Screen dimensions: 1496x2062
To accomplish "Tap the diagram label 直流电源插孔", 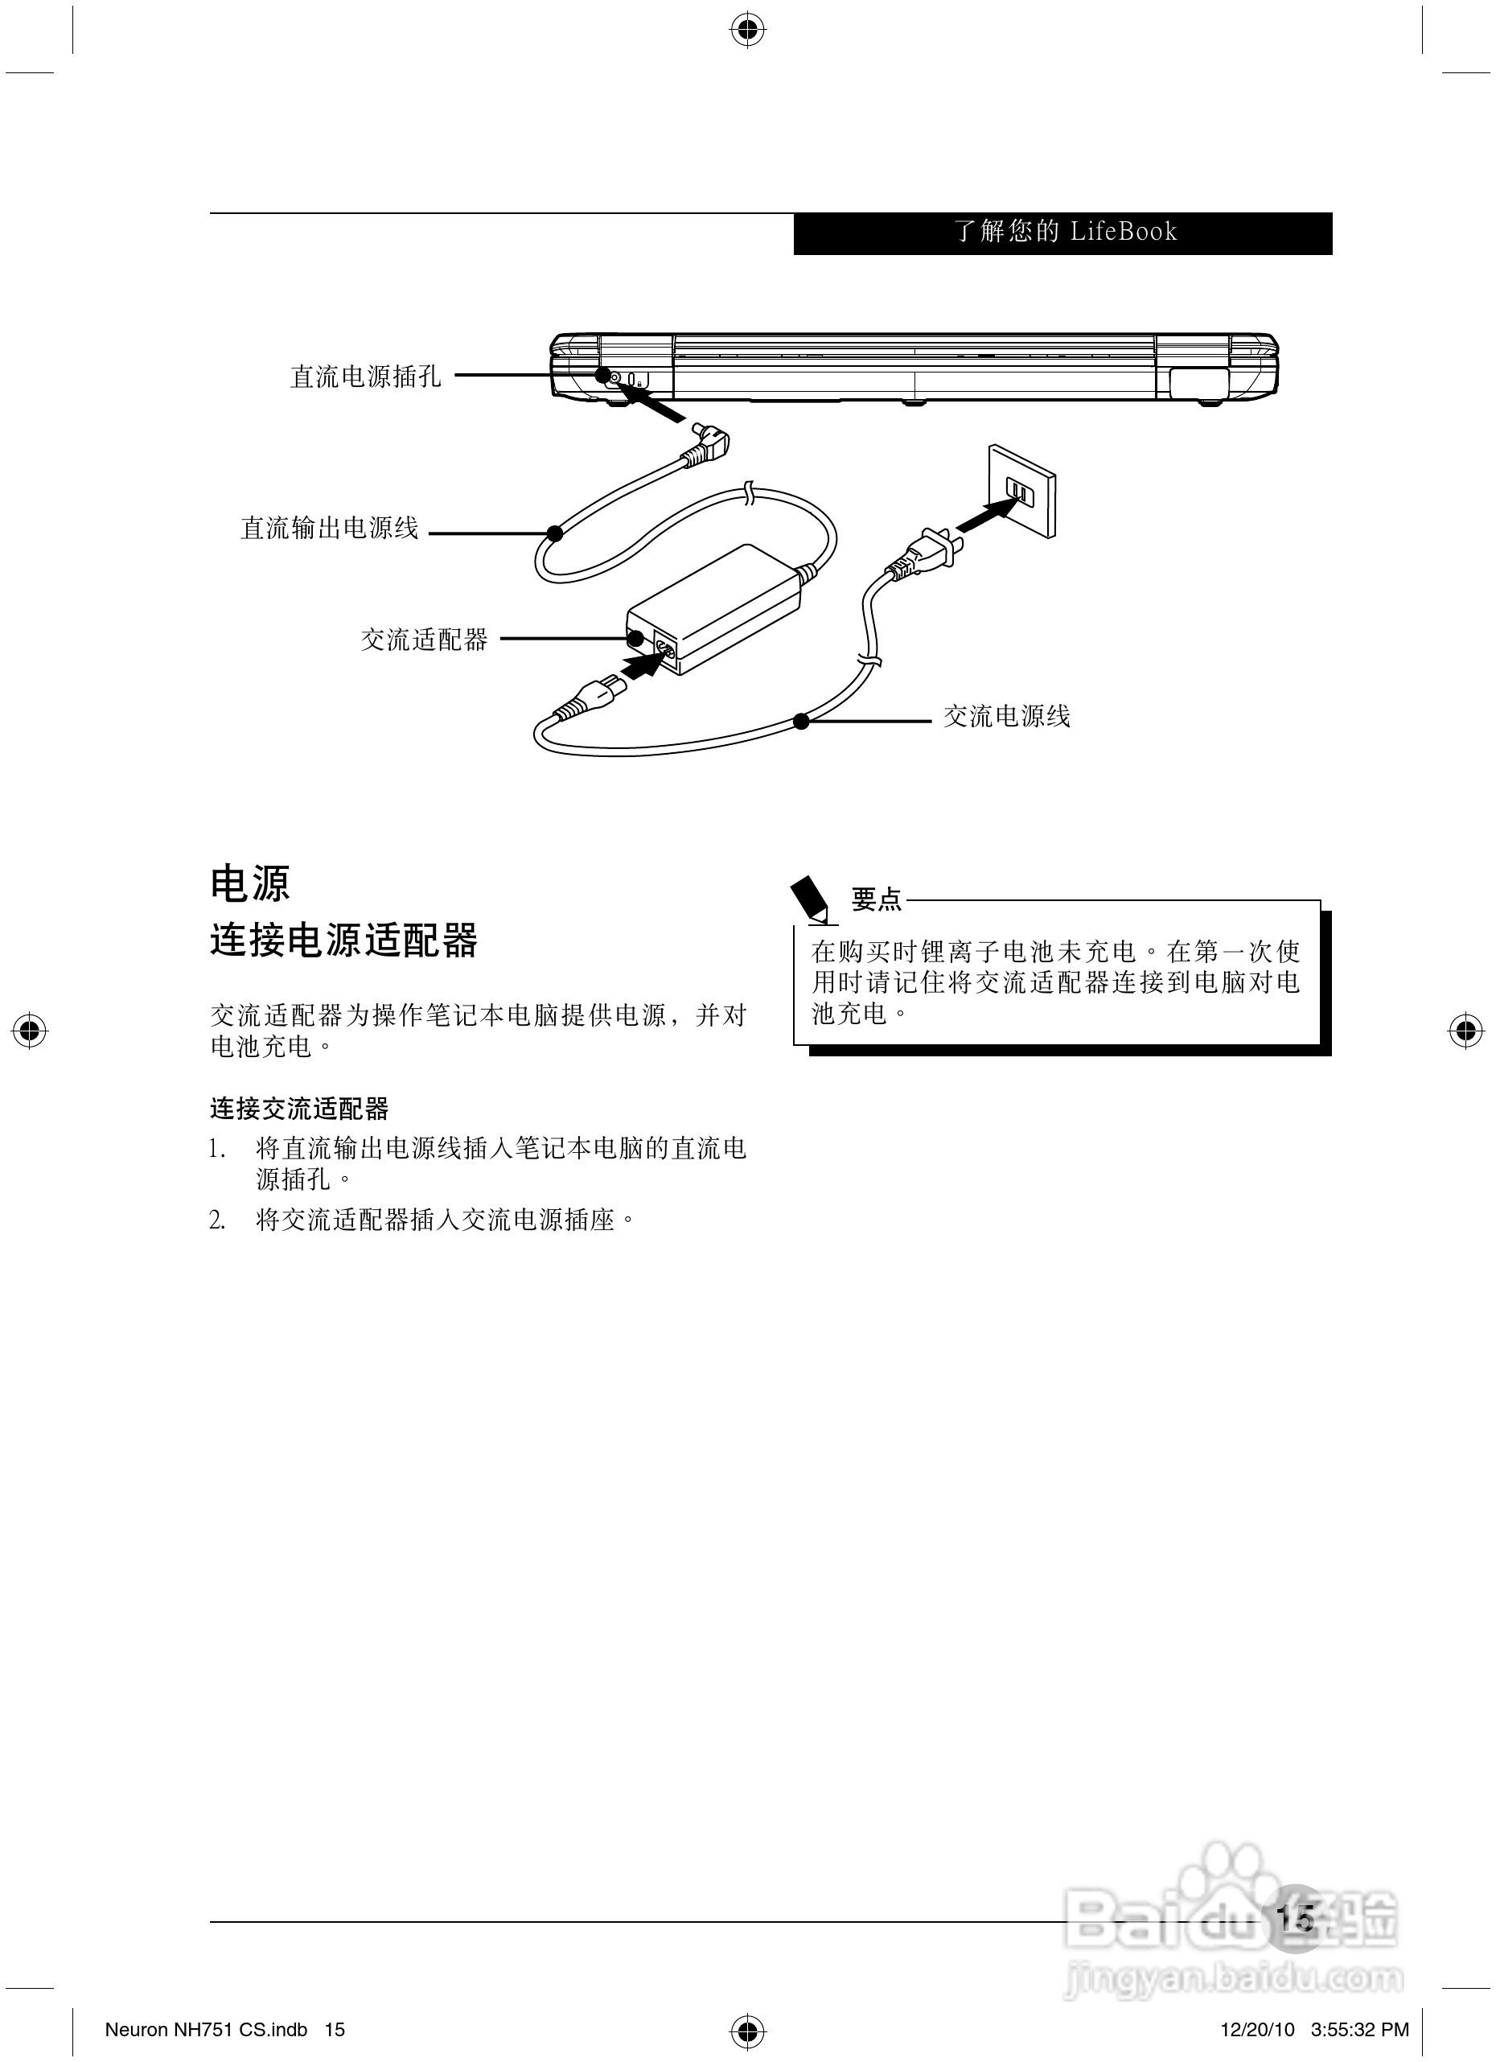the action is coord(365,376).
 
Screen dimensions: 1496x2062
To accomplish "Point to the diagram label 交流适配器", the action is coord(425,640).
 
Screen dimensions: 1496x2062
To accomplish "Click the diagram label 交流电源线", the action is coord(1006,716).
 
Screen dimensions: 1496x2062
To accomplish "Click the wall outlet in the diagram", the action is coord(1021,492).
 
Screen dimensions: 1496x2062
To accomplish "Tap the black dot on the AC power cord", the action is coord(801,721).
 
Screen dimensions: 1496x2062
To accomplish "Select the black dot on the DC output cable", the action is coord(554,533).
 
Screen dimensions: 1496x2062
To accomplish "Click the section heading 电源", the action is coord(250,883).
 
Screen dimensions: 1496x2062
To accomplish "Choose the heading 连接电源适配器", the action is coord(343,940).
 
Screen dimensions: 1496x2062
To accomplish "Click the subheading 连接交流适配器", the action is coord(299,1109).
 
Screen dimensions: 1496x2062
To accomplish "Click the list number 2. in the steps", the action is coord(217,1220).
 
